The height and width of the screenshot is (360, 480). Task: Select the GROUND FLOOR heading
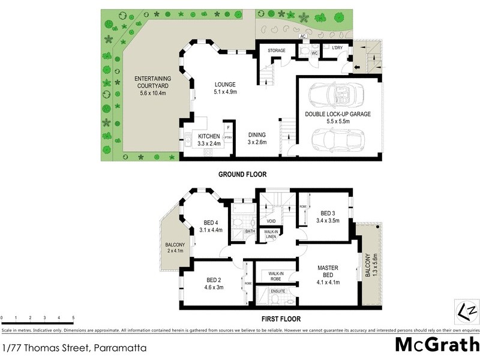242,175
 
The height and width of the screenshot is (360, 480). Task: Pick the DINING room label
257,139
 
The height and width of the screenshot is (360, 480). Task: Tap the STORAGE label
276,50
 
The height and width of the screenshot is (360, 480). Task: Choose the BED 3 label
327,217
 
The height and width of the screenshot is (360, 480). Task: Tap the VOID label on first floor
265,220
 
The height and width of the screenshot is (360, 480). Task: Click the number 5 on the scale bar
73,317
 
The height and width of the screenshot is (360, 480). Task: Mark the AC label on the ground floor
304,36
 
